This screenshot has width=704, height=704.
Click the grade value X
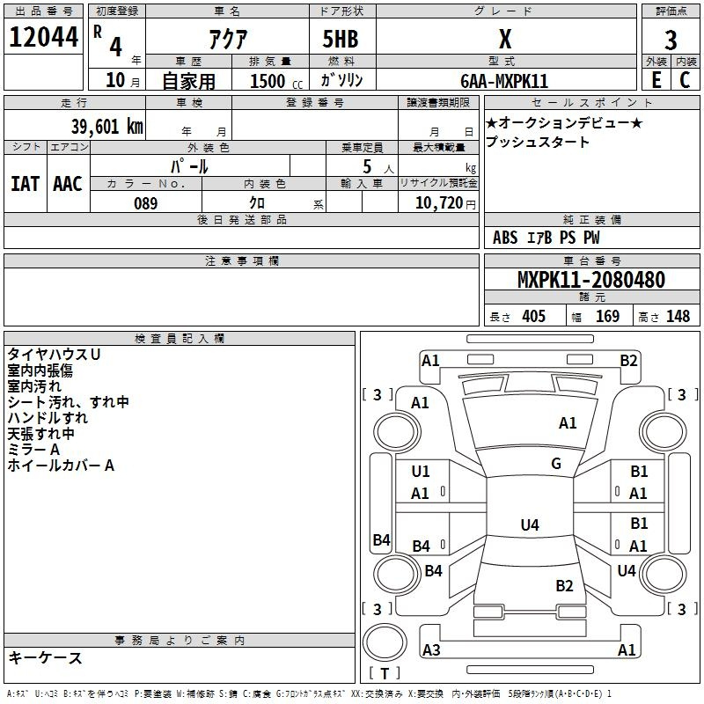(x=504, y=39)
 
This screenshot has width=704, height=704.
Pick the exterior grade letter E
(x=656, y=80)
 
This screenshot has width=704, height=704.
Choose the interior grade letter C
(x=685, y=80)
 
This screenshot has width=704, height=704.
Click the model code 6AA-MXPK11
(x=504, y=81)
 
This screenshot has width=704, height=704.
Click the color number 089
(x=146, y=203)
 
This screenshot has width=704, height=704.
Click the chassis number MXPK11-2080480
(x=591, y=280)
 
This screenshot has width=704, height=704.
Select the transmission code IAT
(x=26, y=183)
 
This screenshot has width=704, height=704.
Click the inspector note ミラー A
(x=33, y=450)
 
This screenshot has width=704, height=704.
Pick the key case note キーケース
(x=45, y=657)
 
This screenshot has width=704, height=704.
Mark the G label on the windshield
(x=556, y=464)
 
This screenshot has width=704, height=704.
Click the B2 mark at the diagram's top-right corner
(x=628, y=360)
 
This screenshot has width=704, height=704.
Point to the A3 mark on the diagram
(x=431, y=650)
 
